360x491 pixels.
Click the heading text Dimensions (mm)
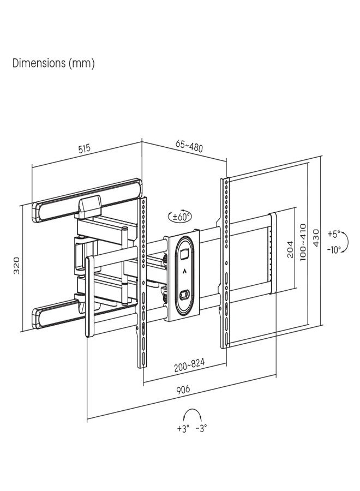[x=53, y=63]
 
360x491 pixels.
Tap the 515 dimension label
[x=83, y=148]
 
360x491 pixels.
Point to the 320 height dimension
[x=16, y=266]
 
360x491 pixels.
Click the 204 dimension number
[x=290, y=249]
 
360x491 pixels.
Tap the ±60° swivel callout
[x=181, y=217]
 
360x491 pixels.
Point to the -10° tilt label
[x=334, y=249]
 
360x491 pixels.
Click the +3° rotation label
[x=183, y=428]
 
